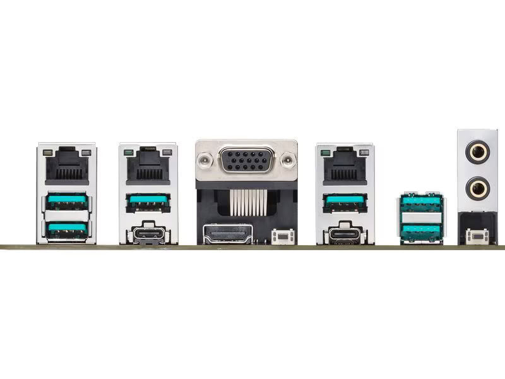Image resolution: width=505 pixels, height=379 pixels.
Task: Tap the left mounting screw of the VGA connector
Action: pyautogui.click(x=205, y=160)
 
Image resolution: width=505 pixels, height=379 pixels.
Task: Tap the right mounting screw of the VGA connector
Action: pyautogui.click(x=288, y=160)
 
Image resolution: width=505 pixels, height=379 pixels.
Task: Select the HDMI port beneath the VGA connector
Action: pyautogui.click(x=227, y=234)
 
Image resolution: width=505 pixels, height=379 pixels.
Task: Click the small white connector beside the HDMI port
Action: pyautogui.click(x=283, y=237)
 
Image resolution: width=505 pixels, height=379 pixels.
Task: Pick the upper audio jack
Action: pyautogui.click(x=477, y=152)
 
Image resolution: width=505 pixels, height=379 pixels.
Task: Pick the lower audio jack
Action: pyautogui.click(x=477, y=188)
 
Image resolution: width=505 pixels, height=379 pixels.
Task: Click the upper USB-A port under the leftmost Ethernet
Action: pyautogui.click(x=67, y=202)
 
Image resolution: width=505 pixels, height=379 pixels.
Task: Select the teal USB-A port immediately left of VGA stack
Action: pyautogui.click(x=148, y=202)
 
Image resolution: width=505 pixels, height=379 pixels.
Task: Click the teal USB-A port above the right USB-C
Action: pyautogui.click(x=345, y=202)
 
